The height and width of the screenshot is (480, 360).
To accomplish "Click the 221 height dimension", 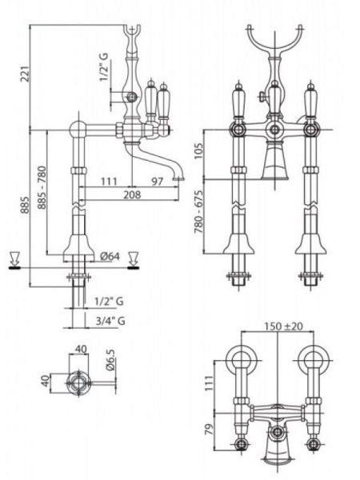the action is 26,73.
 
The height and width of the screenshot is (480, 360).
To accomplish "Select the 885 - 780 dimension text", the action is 42,187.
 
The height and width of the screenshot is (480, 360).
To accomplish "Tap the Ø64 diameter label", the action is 110,256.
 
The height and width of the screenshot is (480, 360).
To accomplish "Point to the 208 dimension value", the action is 132,194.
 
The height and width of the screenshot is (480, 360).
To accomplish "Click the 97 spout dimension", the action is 158,182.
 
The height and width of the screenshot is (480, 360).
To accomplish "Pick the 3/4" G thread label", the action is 110,321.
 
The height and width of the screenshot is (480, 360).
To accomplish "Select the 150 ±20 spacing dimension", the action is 283,326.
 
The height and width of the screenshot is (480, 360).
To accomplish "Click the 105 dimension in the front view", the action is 199,150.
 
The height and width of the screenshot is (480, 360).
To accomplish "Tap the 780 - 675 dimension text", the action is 199,212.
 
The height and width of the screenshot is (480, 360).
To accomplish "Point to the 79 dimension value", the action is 209,430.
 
